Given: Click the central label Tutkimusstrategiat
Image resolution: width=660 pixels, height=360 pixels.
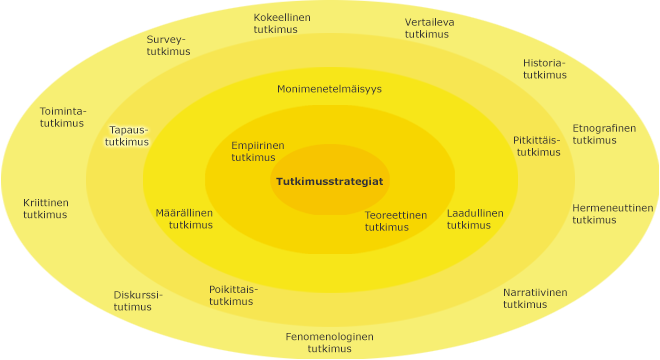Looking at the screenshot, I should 329,181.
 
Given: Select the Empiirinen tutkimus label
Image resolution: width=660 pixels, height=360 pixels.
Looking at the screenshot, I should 257,151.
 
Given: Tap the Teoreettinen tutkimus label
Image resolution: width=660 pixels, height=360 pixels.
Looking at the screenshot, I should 395,221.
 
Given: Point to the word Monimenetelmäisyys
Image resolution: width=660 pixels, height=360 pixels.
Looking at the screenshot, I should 329,89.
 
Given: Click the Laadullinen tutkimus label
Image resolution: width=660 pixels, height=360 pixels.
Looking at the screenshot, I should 474,219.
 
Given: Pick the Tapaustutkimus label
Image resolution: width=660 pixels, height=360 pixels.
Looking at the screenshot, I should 129,136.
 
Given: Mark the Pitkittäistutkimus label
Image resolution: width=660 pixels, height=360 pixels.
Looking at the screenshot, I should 537,146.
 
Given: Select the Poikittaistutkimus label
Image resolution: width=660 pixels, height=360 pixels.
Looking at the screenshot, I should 233,295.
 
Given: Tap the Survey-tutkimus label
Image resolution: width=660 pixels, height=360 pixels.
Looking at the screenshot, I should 167,46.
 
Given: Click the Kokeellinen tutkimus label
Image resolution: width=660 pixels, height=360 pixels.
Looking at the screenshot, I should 282,24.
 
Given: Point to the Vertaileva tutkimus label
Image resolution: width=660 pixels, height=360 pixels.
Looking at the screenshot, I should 431,28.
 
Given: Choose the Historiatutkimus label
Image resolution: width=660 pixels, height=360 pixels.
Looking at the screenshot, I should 544,69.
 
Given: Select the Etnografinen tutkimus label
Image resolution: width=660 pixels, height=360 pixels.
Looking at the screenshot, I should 603,134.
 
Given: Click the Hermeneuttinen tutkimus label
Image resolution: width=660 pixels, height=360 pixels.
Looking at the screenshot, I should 612,214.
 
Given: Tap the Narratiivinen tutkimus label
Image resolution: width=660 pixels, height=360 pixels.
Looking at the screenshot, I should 534,298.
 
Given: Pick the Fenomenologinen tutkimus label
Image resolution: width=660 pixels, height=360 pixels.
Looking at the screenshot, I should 329,342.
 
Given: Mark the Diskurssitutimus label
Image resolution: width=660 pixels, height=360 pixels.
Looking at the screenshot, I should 137,301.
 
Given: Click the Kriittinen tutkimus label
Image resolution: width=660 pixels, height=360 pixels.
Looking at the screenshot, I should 46,208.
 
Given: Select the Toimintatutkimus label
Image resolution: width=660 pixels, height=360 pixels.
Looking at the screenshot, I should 62,116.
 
